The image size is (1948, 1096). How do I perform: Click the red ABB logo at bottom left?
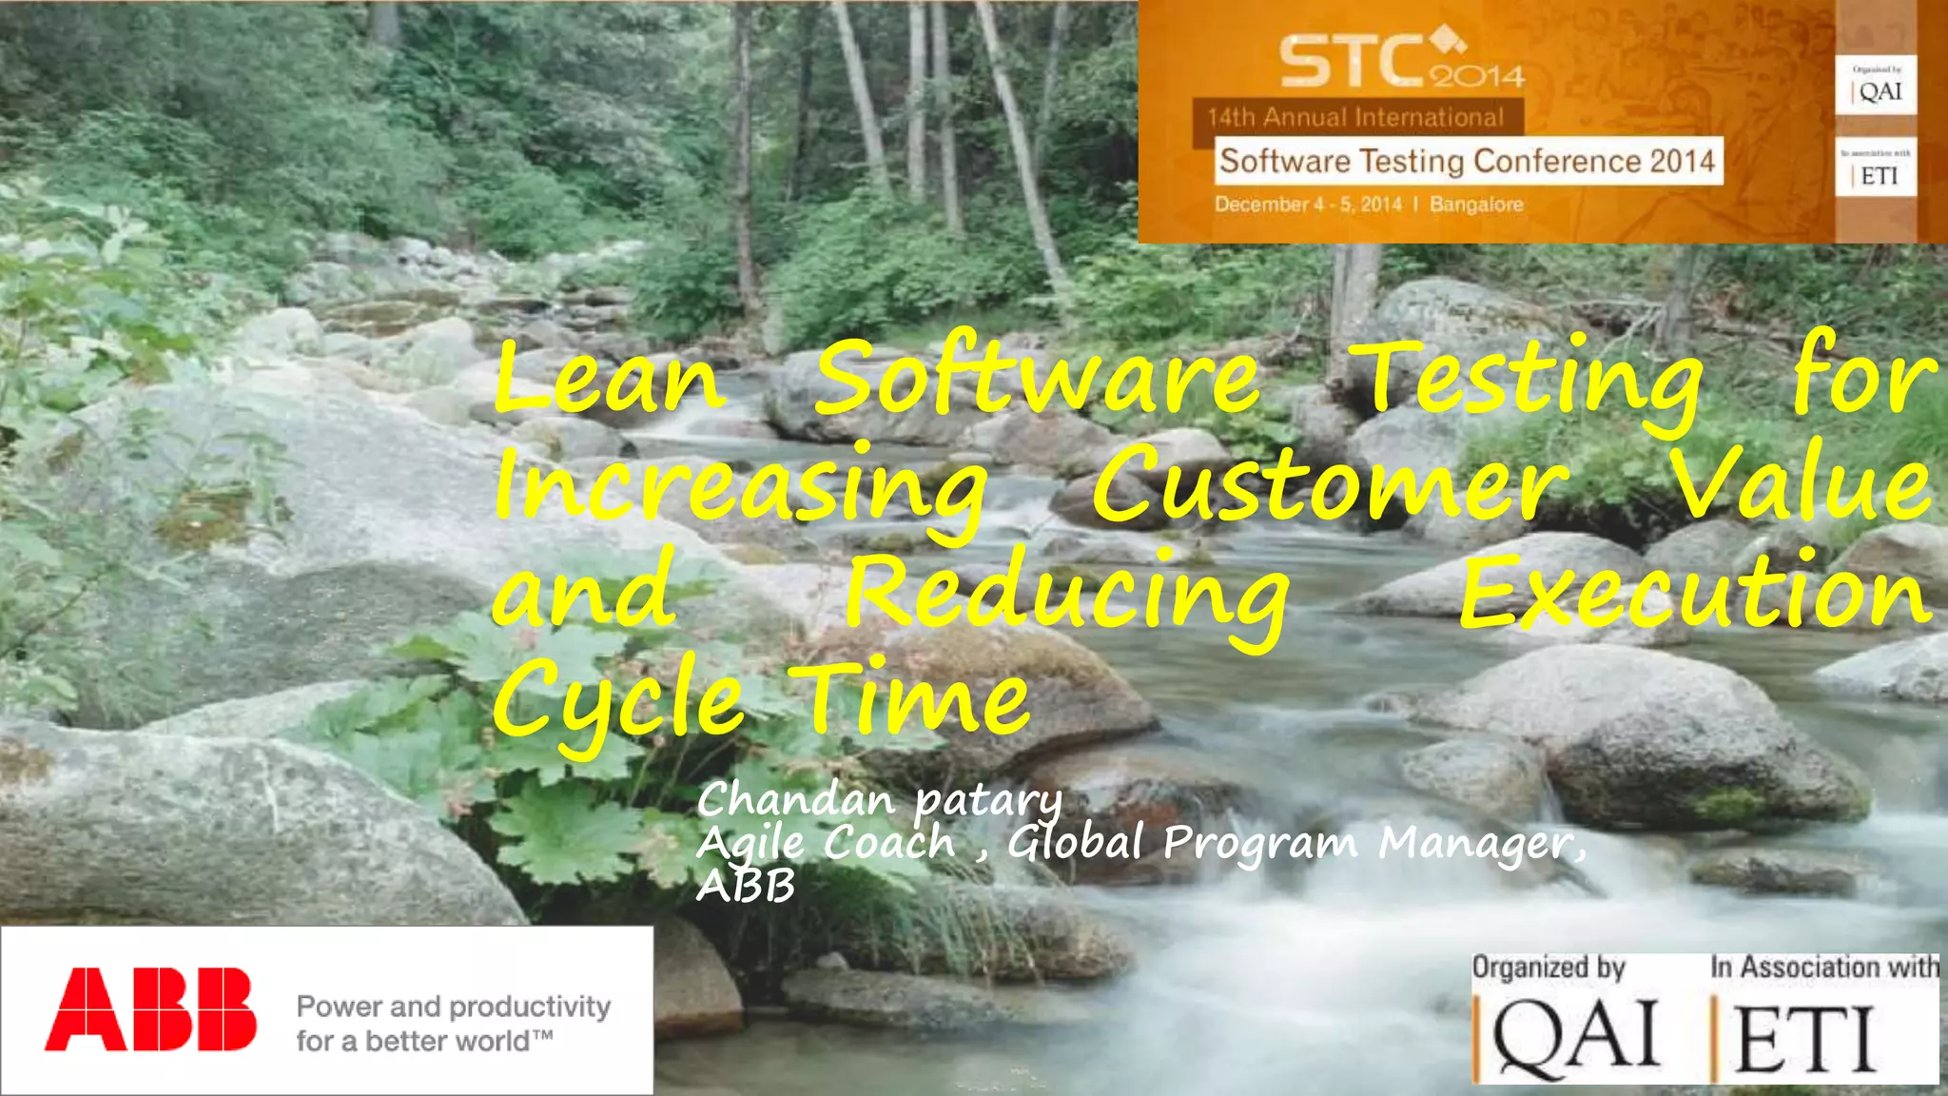150,1008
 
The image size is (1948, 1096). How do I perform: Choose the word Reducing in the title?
1067,595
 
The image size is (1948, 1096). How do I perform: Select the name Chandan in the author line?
796,799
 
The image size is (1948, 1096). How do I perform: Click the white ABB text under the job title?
745,887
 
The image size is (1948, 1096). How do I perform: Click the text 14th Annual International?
1355,118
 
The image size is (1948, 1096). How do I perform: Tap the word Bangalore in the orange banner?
1476,205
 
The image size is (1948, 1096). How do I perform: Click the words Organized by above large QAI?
1549,968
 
